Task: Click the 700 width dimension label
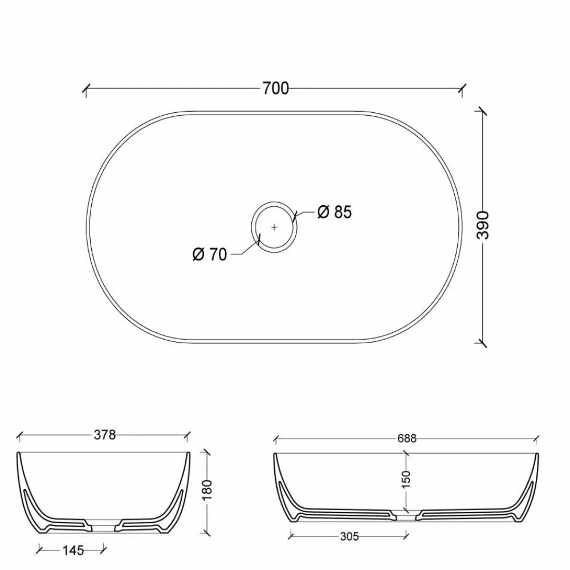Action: click(276, 88)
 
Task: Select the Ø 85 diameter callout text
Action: click(335, 212)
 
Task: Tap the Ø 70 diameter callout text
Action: click(210, 255)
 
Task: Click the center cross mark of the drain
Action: click(274, 226)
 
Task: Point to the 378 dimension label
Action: click(104, 435)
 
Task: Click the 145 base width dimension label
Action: click(72, 550)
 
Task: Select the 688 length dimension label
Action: click(406, 438)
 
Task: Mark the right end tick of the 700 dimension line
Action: click(463, 89)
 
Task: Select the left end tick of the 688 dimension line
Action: click(276, 439)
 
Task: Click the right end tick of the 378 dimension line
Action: click(186, 436)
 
